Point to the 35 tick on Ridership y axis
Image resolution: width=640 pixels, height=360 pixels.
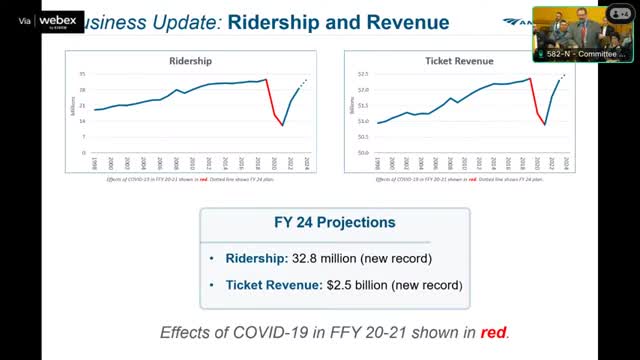coord(85,75)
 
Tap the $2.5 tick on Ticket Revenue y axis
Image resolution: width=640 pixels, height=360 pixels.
coord(363,75)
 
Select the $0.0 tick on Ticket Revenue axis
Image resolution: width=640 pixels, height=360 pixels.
coord(363,153)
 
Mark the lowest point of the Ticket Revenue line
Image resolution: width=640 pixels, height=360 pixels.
coord(545,125)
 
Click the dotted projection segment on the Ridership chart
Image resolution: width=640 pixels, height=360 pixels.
coord(304,83)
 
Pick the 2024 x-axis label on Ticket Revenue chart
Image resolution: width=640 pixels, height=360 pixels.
coord(566,163)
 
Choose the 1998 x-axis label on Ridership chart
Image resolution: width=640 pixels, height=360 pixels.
coord(95,163)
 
